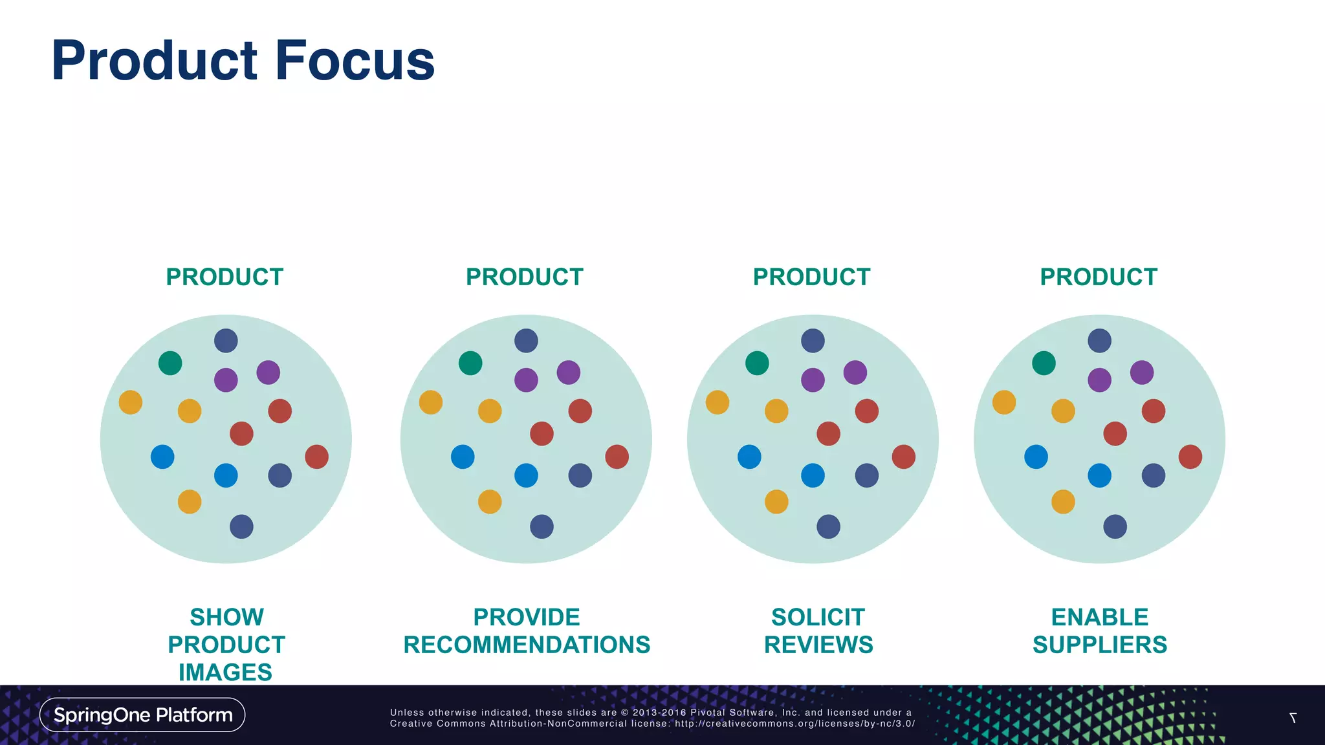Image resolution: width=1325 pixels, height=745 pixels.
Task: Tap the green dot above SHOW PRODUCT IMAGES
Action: coord(170,363)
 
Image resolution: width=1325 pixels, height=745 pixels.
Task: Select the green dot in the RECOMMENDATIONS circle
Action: coord(470,363)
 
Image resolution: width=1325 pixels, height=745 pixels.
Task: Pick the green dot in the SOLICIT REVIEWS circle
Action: coord(757,363)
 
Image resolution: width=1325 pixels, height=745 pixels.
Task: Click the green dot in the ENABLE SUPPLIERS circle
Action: coord(1044,363)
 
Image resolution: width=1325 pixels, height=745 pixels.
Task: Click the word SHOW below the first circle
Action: coord(226,617)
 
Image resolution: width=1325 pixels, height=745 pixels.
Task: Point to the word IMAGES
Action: coord(225,672)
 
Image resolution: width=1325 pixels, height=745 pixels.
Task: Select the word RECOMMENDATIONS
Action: coord(527,645)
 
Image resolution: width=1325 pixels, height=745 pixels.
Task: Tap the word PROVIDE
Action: coord(527,617)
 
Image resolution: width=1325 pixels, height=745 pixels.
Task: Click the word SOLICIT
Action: coord(818,617)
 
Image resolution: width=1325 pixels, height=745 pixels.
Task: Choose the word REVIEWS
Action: coord(818,645)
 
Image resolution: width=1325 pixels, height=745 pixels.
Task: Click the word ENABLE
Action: coord(1099,617)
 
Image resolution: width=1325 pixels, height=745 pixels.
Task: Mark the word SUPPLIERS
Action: coord(1099,645)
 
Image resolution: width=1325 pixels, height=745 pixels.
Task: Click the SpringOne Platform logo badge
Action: coord(142,715)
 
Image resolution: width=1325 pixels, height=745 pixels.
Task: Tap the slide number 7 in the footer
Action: coord(1293,718)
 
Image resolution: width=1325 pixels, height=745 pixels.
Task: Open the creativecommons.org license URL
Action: coord(794,724)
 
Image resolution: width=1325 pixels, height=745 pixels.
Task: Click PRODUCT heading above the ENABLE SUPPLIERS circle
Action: coord(1099,277)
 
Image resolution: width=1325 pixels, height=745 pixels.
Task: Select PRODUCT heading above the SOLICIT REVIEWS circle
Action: coord(811,277)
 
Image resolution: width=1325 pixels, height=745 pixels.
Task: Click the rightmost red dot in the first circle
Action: coord(316,457)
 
